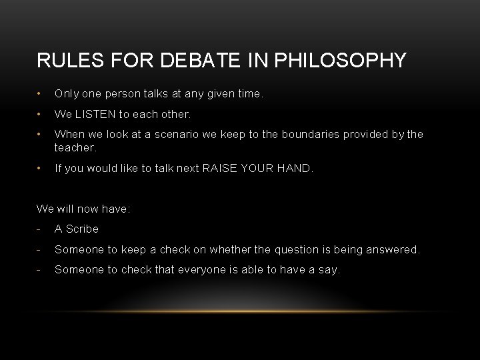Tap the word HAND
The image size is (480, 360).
(x=295, y=168)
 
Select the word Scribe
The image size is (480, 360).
(x=82, y=229)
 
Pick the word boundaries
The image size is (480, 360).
(x=300, y=134)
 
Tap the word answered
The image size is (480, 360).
(x=391, y=249)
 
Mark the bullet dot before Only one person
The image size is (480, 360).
(x=40, y=94)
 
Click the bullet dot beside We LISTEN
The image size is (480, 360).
(x=40, y=114)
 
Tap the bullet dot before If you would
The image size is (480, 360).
(x=40, y=168)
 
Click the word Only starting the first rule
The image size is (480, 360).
(x=67, y=94)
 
